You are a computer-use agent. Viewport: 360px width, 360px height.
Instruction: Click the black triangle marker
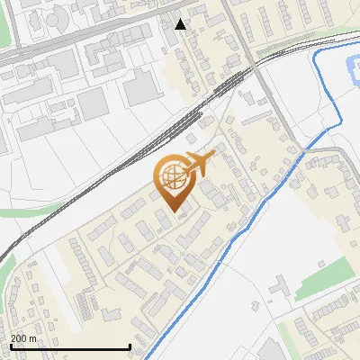pos(181,24)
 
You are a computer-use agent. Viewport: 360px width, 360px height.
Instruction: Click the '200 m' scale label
pos(24,338)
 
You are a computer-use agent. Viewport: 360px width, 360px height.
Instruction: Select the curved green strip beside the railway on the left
pos(36,212)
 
